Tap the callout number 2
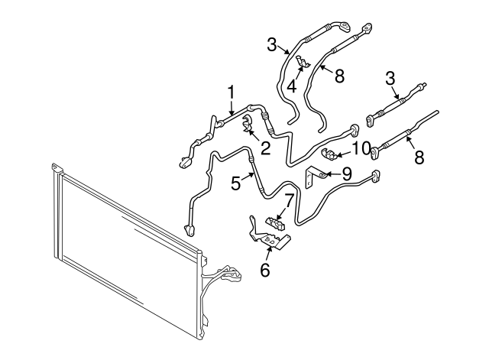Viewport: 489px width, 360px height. click(265, 148)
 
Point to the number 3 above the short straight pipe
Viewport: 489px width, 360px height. click(391, 78)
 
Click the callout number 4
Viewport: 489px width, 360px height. click(292, 86)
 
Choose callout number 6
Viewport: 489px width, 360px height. click(266, 270)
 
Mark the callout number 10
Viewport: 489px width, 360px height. click(361, 146)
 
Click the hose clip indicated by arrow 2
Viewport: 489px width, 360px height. click(248, 124)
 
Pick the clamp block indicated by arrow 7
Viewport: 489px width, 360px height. click(276, 222)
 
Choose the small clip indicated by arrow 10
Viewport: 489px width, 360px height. click(332, 155)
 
